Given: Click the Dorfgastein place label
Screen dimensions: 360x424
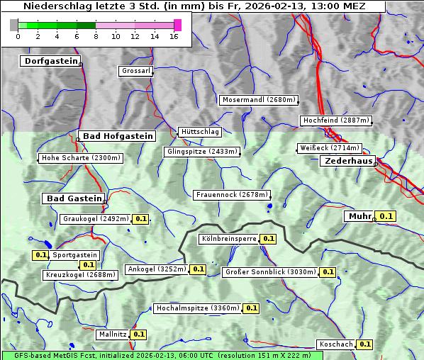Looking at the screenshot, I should pos(50,62).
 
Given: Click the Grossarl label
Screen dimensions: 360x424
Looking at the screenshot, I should pos(135,72).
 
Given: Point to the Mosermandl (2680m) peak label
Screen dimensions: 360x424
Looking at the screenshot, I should pos(258,100).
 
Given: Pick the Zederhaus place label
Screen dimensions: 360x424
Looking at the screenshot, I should pos(348,162).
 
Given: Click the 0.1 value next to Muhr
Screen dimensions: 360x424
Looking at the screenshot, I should pos(386,216).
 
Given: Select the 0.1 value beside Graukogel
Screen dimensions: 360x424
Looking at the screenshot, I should pos(141,220).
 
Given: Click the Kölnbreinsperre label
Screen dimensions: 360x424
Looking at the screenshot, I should pos(228,240).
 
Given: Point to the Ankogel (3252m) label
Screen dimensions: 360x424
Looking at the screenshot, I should pos(156,269).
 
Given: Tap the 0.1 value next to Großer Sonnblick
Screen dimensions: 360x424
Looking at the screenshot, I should pos(328,272).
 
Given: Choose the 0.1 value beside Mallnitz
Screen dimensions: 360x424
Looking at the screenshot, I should pos(139,334).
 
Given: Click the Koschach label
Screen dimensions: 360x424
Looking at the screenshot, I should pos(336,344).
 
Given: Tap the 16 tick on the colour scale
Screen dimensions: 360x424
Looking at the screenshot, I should pos(174,36).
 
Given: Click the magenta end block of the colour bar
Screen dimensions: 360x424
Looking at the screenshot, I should pos(177,25).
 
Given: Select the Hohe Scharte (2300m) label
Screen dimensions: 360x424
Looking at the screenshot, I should pos(81,158).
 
